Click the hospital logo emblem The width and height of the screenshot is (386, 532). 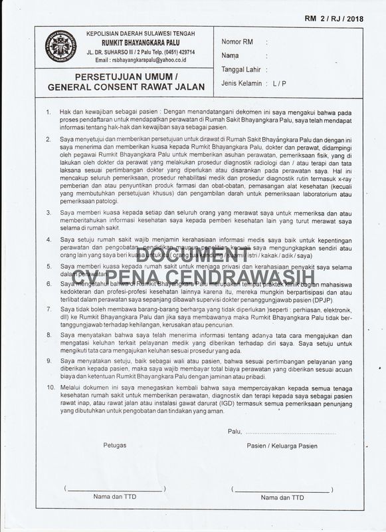point(59,47)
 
